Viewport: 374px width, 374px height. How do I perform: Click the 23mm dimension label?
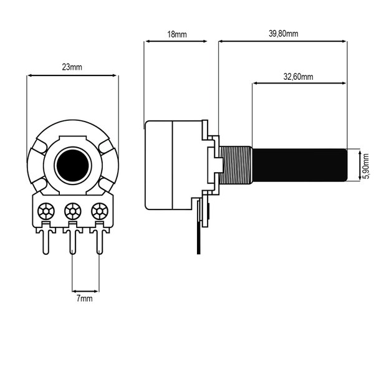[x=72, y=67]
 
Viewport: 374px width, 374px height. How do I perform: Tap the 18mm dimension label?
[x=177, y=34]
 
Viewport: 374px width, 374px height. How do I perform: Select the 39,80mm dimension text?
[x=284, y=34]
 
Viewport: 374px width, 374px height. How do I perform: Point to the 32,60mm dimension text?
[x=298, y=77]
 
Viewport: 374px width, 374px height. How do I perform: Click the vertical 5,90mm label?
[x=366, y=166]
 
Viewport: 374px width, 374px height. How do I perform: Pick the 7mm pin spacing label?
[x=84, y=299]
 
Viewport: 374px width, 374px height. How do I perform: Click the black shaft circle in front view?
[x=73, y=165]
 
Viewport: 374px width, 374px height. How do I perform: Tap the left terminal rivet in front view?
[x=46, y=211]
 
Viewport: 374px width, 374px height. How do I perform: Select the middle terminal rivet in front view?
[x=73, y=211]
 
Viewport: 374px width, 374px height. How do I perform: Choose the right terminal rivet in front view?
[x=100, y=211]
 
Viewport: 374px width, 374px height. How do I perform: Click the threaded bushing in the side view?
[x=236, y=165]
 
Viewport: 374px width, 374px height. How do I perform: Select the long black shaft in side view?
[x=299, y=165]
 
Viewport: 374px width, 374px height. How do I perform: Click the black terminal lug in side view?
[x=199, y=227]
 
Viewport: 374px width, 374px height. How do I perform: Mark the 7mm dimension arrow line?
[x=85, y=291]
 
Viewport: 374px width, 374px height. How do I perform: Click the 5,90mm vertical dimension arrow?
[x=360, y=165]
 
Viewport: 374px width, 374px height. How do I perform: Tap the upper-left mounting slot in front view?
[x=39, y=146]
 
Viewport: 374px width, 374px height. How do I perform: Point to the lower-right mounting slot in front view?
[x=106, y=184]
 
